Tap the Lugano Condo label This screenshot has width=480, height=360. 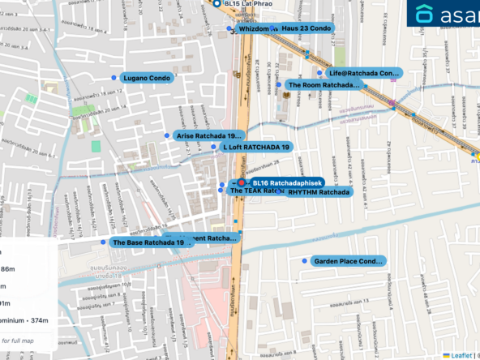pyautogui.click(x=147, y=78)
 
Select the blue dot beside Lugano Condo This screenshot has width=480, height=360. pyautogui.click(x=113, y=78)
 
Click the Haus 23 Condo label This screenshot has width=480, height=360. pyautogui.click(x=306, y=28)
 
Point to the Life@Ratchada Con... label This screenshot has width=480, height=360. pyautogui.click(x=364, y=73)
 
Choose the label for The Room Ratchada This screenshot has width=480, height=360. pyautogui.click(x=324, y=84)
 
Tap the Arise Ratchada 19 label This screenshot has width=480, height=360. pyautogui.click(x=209, y=135)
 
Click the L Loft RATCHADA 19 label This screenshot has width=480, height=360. pyautogui.click(x=255, y=147)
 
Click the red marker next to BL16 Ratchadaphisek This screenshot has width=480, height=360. pyautogui.click(x=241, y=184)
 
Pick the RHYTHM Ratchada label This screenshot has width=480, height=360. pyautogui.click(x=318, y=192)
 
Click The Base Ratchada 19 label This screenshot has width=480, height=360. pyautogui.click(x=143, y=242)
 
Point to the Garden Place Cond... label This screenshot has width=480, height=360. pyautogui.click(x=347, y=261)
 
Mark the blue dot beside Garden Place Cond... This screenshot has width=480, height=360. pyautogui.click(x=304, y=261)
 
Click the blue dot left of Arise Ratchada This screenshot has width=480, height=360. pyautogui.click(x=168, y=135)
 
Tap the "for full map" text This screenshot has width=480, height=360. pyautogui.click(x=17, y=341)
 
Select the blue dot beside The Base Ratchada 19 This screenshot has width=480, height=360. pyautogui.click(x=103, y=242)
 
